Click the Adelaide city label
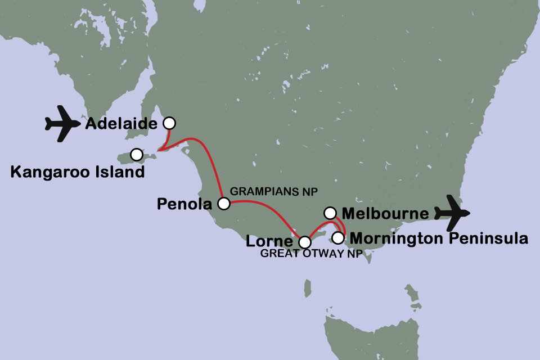(x=121, y=123)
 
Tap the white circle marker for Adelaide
(x=169, y=123)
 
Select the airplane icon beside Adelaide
(x=63, y=123)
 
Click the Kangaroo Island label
(x=78, y=172)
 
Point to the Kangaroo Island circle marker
(x=137, y=154)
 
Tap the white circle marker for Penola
(x=224, y=203)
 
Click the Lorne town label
(x=270, y=242)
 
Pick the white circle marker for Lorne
(x=304, y=242)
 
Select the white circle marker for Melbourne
(x=330, y=213)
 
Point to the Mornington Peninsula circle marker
(x=337, y=237)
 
